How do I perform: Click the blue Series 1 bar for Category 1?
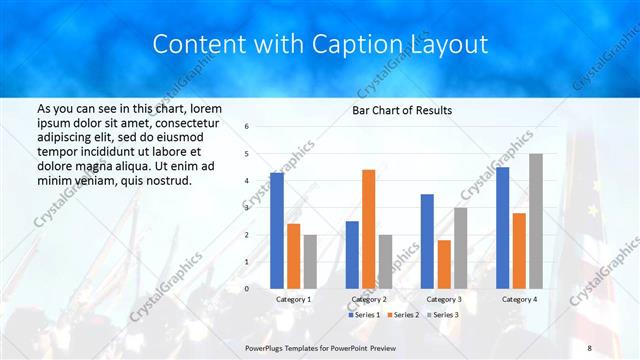[x=276, y=231]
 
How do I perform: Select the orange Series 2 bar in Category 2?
[x=368, y=229]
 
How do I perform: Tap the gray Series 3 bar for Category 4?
[x=536, y=221]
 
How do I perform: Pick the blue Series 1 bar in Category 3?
[x=427, y=241]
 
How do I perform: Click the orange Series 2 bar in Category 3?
[x=443, y=264]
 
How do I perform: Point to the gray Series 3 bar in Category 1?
[x=310, y=261]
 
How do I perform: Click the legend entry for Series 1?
[x=362, y=315]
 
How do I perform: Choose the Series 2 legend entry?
[x=401, y=315]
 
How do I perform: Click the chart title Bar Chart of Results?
[x=401, y=110]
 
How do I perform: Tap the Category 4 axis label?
[x=518, y=299]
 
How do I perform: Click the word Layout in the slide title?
[x=443, y=45]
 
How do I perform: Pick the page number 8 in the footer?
[x=590, y=346]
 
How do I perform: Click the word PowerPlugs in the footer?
[x=268, y=346]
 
